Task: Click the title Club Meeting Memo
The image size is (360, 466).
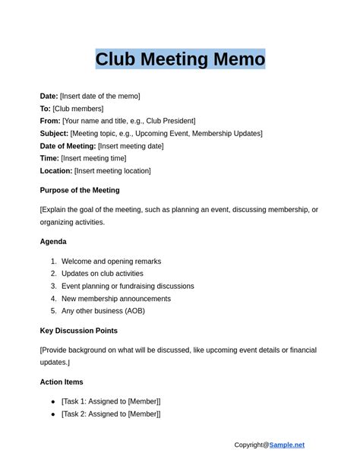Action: click(180, 59)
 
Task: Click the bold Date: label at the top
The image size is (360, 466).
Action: click(49, 97)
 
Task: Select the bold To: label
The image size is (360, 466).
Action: click(46, 109)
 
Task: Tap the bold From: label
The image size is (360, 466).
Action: click(50, 121)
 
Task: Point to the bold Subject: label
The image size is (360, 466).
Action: click(54, 134)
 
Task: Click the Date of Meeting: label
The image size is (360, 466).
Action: click(68, 146)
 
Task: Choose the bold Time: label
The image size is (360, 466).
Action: click(49, 158)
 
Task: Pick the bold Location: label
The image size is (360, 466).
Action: click(56, 171)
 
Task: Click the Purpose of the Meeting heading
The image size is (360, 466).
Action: click(80, 190)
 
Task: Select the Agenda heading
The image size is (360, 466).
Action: click(53, 242)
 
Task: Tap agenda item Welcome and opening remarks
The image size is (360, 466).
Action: click(111, 262)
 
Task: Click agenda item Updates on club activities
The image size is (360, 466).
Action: click(103, 274)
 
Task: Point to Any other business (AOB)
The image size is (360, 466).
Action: click(103, 311)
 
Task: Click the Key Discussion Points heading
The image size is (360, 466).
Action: click(79, 331)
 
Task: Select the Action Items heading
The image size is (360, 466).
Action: click(62, 382)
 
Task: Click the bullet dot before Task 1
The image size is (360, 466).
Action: click(53, 401)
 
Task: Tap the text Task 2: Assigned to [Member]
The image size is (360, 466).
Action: click(111, 414)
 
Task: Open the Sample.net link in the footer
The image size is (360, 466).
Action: click(286, 445)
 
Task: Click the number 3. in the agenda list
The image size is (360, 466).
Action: click(54, 287)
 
